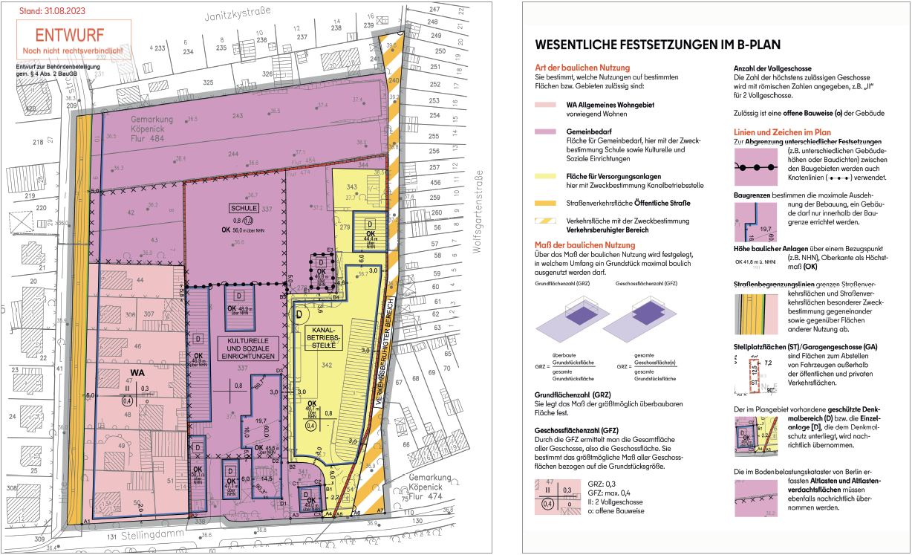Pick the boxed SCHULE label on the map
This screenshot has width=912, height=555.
point(244,209)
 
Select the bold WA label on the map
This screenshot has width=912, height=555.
point(137,373)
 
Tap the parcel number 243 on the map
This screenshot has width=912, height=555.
point(238,116)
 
